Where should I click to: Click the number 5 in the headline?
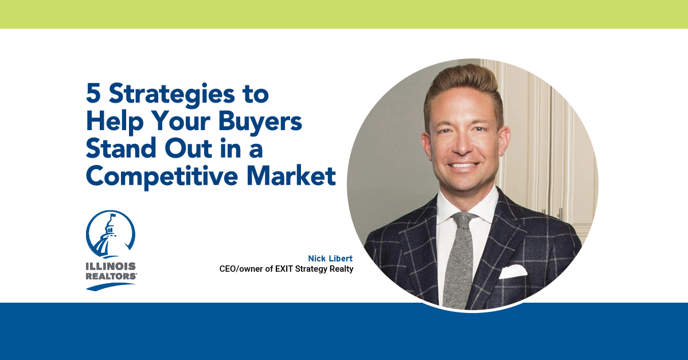93,93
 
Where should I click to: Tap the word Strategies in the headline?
172,95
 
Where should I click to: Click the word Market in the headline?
291,175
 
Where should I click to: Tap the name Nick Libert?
330,259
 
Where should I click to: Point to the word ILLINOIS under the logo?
111,266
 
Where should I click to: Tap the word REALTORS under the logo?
111,276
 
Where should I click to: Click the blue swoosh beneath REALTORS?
110,286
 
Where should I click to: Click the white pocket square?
513,272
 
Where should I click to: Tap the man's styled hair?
463,86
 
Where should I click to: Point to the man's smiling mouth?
463,166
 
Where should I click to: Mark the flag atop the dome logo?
113,216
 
